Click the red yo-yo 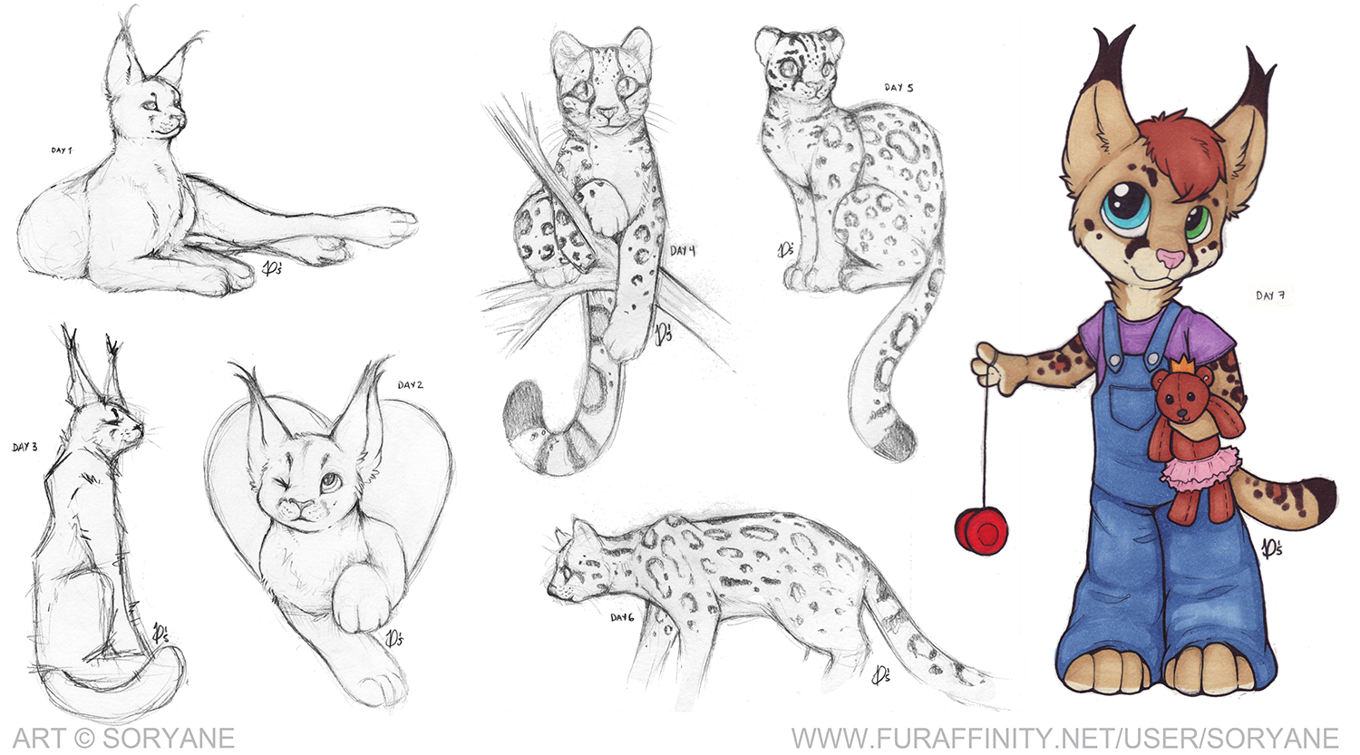pyautogui.click(x=981, y=531)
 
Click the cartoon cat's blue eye pyautogui.click(x=1127, y=210)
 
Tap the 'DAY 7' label pyautogui.click(x=1270, y=295)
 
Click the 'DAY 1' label pyautogui.click(x=62, y=150)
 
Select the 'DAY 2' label pyautogui.click(x=411, y=385)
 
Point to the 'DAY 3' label pyautogui.click(x=24, y=448)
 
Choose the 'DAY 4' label pyautogui.click(x=683, y=251)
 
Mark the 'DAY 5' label pyautogui.click(x=899, y=87)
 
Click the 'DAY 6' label pyautogui.click(x=622, y=618)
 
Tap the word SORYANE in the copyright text pyautogui.click(x=169, y=739)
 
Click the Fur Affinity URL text pyautogui.click(x=1065, y=739)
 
